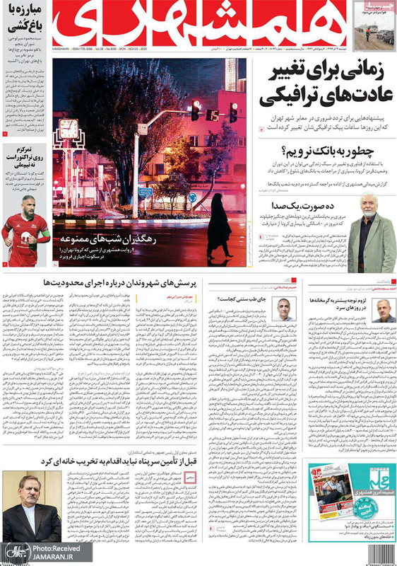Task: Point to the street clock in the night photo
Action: point(69,129)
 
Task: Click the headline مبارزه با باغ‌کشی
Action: point(26,15)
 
